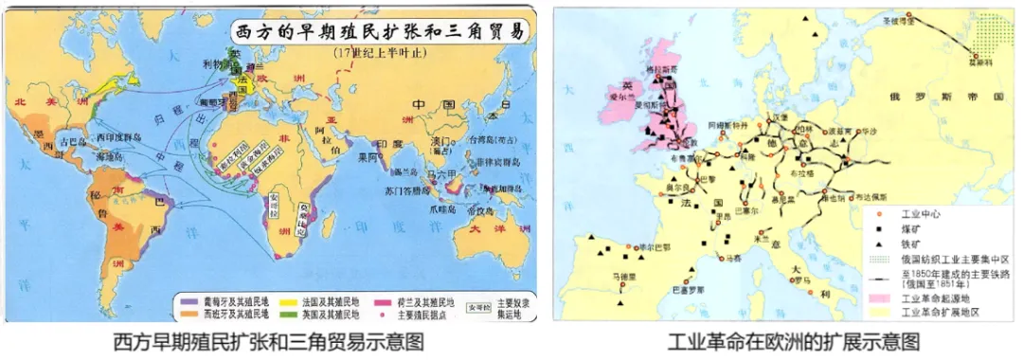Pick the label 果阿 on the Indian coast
point(368,159)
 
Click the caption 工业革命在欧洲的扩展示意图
point(794,341)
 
